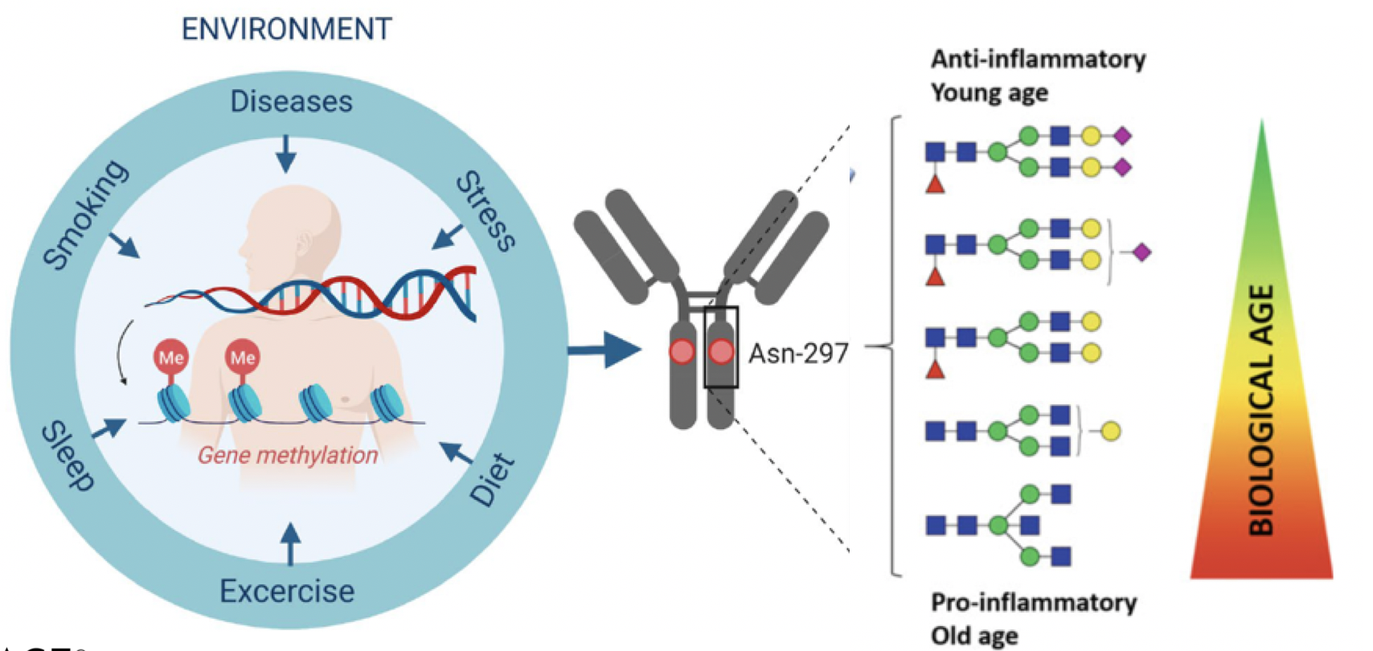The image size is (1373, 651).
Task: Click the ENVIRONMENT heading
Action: coord(286,29)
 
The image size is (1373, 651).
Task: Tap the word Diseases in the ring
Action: coord(291,101)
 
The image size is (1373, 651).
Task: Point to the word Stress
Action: coord(486,211)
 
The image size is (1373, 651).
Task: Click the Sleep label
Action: coord(68,455)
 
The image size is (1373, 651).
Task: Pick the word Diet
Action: coord(492,479)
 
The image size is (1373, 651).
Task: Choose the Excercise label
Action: coord(287,592)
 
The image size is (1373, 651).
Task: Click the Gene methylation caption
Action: coord(287,455)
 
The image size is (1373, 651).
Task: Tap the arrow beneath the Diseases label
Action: coord(285,154)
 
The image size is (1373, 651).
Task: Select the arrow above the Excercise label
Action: coord(291,543)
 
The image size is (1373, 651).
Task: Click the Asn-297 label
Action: coord(798,353)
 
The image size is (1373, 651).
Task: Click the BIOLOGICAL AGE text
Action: coord(1262,410)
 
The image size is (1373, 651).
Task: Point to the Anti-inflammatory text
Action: coord(1038,59)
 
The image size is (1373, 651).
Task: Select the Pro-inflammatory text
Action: coord(1034,603)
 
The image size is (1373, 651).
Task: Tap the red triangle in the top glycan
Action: coord(935,184)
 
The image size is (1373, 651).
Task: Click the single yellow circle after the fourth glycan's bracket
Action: coord(1110,431)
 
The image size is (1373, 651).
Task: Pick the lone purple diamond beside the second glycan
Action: coord(1141,252)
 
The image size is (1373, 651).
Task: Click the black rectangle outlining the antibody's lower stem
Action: coord(721,347)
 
